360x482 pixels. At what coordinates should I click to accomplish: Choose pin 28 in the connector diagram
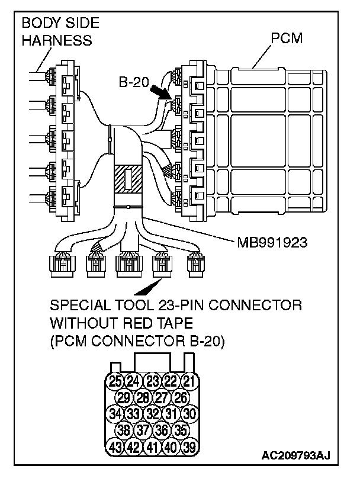(142, 397)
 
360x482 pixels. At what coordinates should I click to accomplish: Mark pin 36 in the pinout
(160, 429)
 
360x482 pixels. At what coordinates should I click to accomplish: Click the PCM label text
(287, 39)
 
